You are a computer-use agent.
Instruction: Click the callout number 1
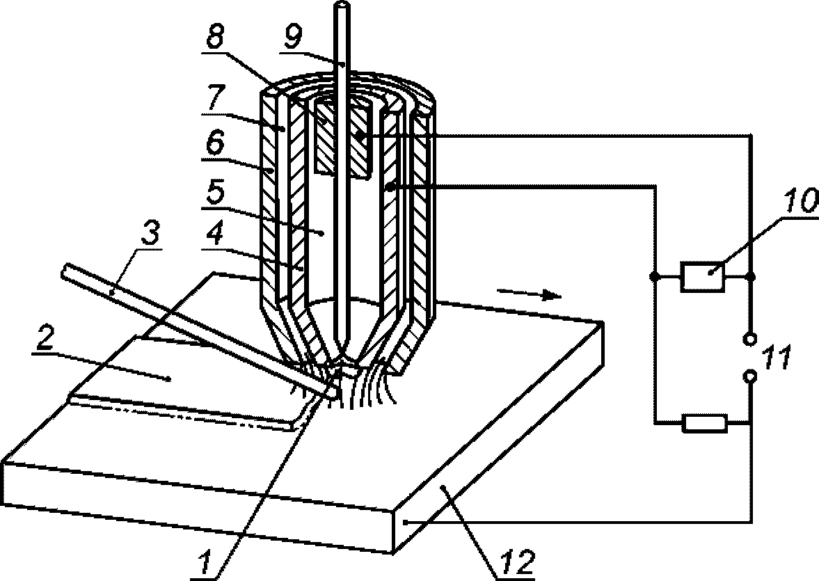[205, 562]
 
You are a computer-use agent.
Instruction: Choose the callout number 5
[214, 193]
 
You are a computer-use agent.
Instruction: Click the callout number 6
[214, 143]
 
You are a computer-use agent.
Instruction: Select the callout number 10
[798, 201]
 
